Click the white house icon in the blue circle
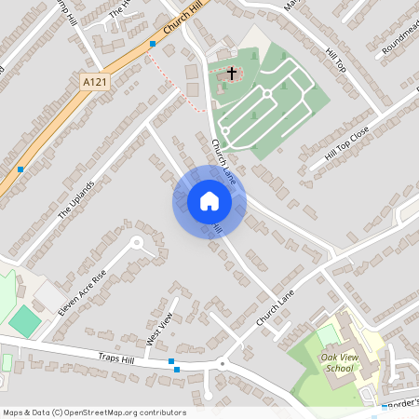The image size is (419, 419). [209, 201]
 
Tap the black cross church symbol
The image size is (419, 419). [231, 72]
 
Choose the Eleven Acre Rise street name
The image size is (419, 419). [82, 291]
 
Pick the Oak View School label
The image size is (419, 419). [339, 361]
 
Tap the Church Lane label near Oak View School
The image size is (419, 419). [275, 306]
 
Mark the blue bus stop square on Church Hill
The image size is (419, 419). [153, 43]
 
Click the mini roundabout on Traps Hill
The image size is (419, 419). [223, 362]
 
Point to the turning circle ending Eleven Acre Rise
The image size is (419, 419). [138, 243]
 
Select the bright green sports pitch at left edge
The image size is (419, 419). [25, 322]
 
